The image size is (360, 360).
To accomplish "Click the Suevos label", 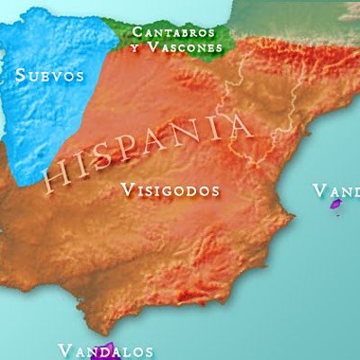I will [x=50, y=76].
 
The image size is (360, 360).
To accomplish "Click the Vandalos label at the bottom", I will [x=105, y=350].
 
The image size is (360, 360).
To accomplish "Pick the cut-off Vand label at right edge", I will [x=336, y=191].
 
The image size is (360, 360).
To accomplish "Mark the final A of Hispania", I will [x=241, y=120].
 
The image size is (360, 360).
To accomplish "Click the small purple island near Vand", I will [x=337, y=204].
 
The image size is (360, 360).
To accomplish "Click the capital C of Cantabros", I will [x=136, y=31].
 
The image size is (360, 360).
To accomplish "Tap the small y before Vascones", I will [x=135, y=48].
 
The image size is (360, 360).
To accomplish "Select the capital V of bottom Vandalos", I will [x=64, y=350].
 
